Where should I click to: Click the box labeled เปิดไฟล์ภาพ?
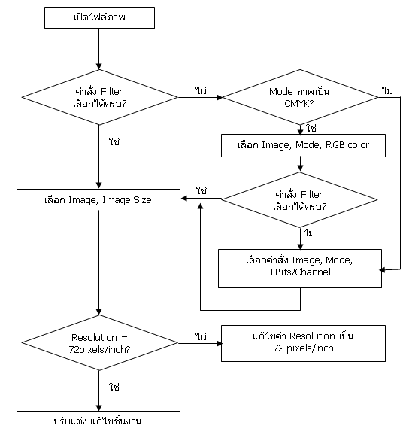pyautogui.click(x=99, y=17)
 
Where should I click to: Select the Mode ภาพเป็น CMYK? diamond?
pyautogui.click(x=300, y=97)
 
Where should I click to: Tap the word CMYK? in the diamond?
pyautogui.click(x=299, y=104)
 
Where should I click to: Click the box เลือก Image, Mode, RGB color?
pyautogui.click(x=303, y=145)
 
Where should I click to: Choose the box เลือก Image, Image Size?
pyautogui.click(x=98, y=200)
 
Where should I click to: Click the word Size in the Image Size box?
pyautogui.click(x=142, y=200)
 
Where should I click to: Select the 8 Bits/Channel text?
pyautogui.click(x=298, y=272)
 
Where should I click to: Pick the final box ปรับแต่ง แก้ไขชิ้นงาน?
pyautogui.click(x=98, y=422)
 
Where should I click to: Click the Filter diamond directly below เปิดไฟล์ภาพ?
pyautogui.click(x=99, y=97)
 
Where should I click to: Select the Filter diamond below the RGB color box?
pyautogui.click(x=299, y=199)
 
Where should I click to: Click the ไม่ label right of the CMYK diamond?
pyautogui.click(x=387, y=90)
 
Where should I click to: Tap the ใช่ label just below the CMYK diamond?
pyautogui.click(x=311, y=129)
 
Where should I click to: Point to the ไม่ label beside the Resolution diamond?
pyautogui.click(x=201, y=336)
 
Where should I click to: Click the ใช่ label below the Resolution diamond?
pyautogui.click(x=114, y=387)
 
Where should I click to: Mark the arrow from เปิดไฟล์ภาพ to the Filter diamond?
pyautogui.click(x=99, y=49)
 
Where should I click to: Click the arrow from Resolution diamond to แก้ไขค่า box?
pyautogui.click(x=200, y=343)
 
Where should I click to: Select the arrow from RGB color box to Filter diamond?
pyautogui.click(x=301, y=164)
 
